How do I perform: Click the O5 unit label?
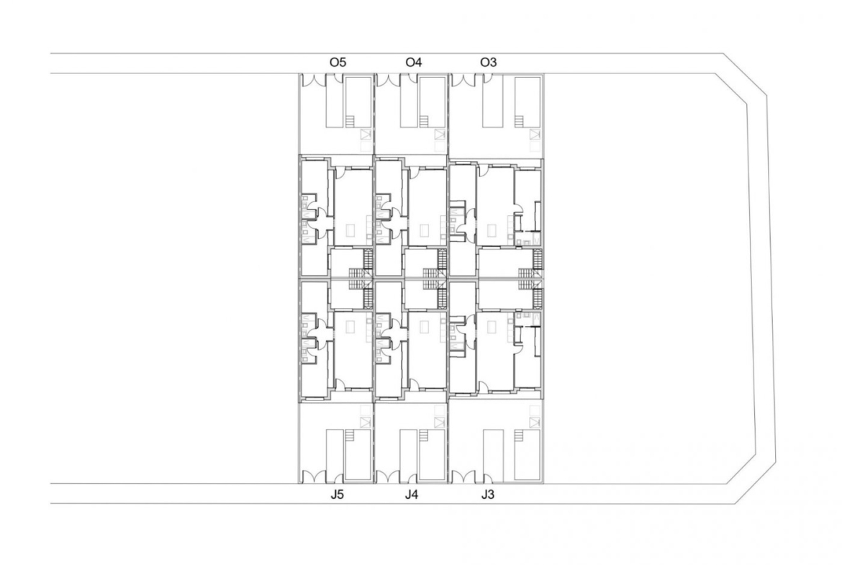click(338, 63)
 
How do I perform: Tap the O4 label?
click(414, 63)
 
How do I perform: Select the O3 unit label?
click(488, 63)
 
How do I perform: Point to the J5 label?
click(337, 494)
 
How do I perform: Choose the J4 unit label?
click(412, 494)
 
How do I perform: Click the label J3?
click(487, 494)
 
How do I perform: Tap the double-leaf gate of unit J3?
click(462, 477)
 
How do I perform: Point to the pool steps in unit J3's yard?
click(520, 435)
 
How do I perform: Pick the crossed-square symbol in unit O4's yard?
click(440, 135)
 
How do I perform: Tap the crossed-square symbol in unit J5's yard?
click(366, 422)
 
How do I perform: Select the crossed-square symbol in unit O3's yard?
click(534, 135)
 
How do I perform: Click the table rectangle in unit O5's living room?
click(350, 230)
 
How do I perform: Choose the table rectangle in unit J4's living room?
click(425, 327)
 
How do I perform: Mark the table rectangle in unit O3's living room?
click(492, 230)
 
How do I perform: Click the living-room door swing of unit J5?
click(340, 384)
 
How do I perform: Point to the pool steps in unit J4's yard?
click(424, 435)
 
